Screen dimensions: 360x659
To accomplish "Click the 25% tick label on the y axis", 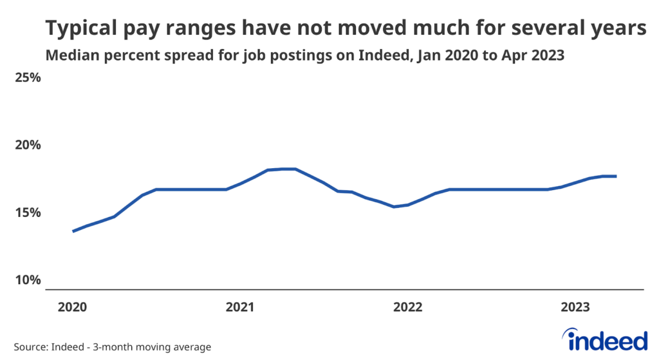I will pyautogui.click(x=28, y=79).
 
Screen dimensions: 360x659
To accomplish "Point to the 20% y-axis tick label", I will pyautogui.click(x=28, y=146).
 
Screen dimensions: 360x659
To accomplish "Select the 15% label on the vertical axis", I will pyautogui.click(x=28, y=213).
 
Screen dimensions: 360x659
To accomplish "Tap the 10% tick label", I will pyautogui.click(x=28, y=280).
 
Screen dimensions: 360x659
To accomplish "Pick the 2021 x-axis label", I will pyautogui.click(x=239, y=307).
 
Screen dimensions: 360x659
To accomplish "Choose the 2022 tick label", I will pyautogui.click(x=409, y=307).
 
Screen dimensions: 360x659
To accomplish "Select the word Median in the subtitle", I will pyautogui.click(x=69, y=55).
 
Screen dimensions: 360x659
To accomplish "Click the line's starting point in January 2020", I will pyautogui.click(x=73, y=231).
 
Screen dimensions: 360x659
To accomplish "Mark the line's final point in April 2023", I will pyautogui.click(x=616, y=176).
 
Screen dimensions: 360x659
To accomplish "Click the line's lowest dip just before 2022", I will pyautogui.click(x=394, y=207).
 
